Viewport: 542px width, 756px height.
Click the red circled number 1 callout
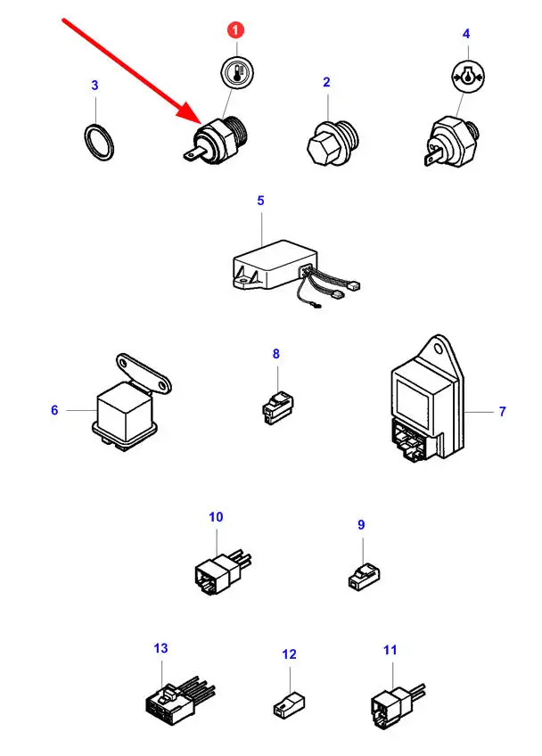235,30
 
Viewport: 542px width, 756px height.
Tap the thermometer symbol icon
237,73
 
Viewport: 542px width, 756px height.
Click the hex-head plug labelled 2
333,142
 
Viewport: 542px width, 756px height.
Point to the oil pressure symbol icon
468,76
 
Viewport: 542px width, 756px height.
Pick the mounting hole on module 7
438,349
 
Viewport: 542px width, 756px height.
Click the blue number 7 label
503,411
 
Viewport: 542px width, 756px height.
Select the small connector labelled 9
364,576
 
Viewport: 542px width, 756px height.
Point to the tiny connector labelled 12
289,704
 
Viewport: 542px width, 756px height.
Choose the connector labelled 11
397,704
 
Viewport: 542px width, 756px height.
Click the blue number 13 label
160,648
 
